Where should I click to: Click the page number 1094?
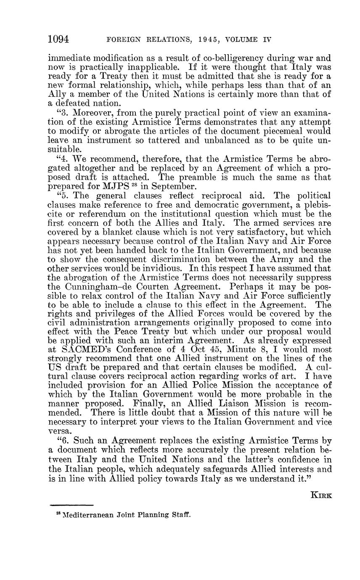pyautogui.click(x=58, y=40)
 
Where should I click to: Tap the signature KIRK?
pyautogui.click(x=321, y=495)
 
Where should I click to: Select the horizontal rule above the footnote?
pyautogui.click(x=71, y=505)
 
